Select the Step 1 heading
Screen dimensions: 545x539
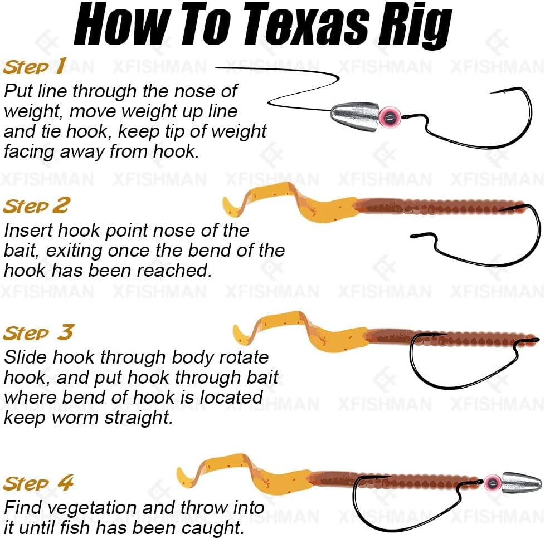35,66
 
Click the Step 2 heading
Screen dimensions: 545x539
36,205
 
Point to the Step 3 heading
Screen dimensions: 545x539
38,332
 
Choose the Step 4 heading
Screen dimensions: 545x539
38,482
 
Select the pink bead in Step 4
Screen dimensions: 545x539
493,482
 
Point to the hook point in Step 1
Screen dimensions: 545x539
491,93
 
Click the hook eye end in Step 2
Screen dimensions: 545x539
413,236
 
